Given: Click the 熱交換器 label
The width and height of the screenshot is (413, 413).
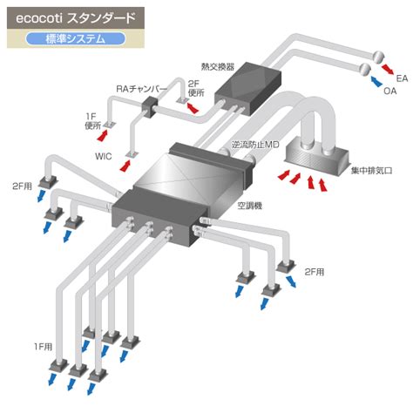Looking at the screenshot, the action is pos(218,67).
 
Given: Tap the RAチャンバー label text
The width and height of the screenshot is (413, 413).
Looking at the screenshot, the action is pos(142,89).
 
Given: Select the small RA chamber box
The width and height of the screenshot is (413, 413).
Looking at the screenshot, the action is pos(151,106).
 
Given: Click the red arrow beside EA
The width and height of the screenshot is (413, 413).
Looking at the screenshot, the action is pos(387,69).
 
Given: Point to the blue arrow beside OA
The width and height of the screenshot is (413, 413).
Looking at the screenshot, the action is pos(376,81).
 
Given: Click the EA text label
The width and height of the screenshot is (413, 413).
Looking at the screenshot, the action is pos(402,78).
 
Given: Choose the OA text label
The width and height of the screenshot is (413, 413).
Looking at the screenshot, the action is pos(389,91).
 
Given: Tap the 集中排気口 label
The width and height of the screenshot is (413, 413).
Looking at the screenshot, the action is pos(372,171).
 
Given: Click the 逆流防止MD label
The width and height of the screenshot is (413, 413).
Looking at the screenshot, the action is pos(255,145).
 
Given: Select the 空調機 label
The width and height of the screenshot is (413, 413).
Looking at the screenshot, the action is pos(250,206).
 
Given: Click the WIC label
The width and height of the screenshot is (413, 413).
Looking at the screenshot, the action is pos(103,156).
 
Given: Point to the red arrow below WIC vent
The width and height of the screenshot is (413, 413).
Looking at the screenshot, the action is pos(125,165).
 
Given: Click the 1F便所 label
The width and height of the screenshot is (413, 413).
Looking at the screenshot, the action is pos(92,121).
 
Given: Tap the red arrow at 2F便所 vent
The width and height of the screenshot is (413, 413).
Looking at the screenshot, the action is pos(193,107).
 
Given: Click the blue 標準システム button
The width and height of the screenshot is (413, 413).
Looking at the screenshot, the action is pos(76,39).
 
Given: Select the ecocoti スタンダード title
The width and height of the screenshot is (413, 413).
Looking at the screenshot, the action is pos(76,18).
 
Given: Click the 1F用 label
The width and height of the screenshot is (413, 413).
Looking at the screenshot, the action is pos(43,347).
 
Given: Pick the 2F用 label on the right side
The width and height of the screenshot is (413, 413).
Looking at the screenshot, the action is pos(315,272).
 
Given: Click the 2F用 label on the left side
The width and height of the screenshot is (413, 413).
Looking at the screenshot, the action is pos(22,186).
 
